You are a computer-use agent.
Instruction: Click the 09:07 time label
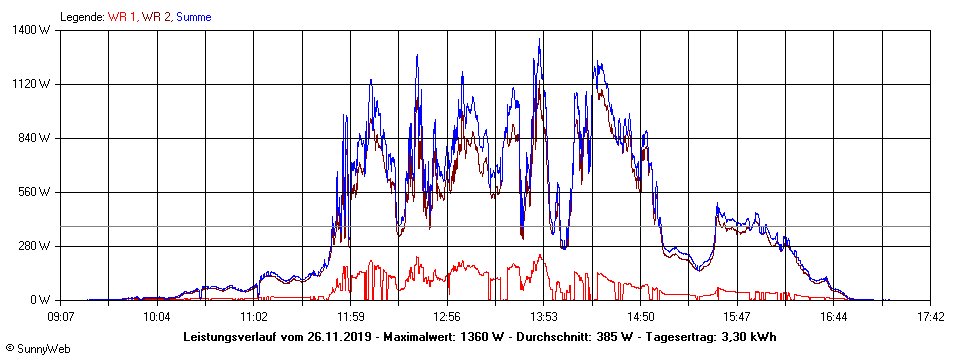pos(61,317)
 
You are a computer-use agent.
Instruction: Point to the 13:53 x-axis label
pos(544,317)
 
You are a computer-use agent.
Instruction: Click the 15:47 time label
pos(737,317)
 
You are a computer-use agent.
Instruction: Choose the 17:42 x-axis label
pos(930,317)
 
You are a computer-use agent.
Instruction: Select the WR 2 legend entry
pos(155,17)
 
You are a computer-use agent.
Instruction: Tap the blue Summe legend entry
pos(195,17)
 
